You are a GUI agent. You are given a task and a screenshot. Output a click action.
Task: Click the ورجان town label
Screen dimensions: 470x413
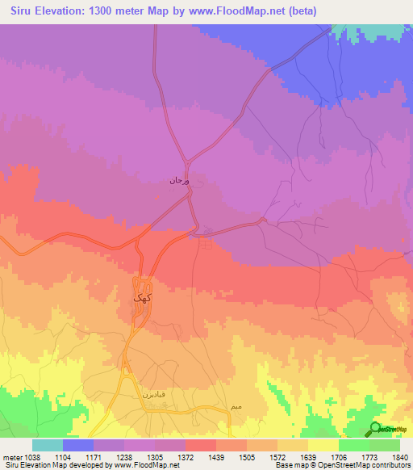click(x=178, y=181)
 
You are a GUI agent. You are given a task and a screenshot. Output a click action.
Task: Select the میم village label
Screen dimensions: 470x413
click(x=235, y=403)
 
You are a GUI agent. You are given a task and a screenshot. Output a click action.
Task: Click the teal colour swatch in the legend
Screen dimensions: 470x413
click(x=47, y=445)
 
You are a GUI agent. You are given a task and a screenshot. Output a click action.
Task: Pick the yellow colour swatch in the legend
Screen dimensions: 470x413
click(x=323, y=445)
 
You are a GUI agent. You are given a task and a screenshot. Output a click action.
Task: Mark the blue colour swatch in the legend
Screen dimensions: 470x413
click(x=77, y=445)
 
